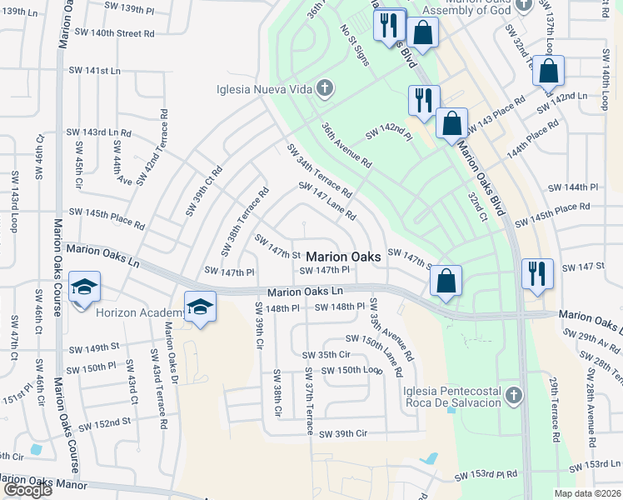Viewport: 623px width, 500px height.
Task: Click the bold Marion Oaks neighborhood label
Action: [x=344, y=257]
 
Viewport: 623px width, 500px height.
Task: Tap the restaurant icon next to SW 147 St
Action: [x=536, y=272]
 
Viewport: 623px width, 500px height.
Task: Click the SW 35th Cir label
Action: [x=326, y=354]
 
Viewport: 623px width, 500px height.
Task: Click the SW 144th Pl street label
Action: [x=571, y=187]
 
